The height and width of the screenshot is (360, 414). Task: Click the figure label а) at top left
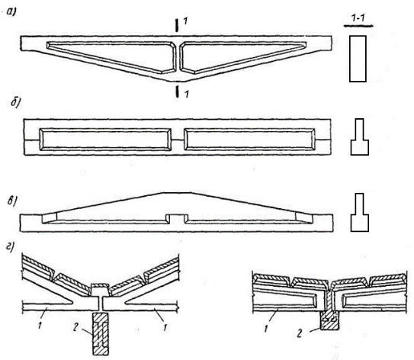(11, 12)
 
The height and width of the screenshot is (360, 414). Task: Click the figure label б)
(16, 103)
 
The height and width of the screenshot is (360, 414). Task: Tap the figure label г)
(10, 247)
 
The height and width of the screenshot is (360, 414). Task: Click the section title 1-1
(358, 18)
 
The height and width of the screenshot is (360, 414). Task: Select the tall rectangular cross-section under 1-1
(358, 59)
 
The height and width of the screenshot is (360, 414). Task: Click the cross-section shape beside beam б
(359, 137)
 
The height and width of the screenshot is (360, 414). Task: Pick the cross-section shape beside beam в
(359, 212)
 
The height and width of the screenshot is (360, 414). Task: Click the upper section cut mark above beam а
(177, 25)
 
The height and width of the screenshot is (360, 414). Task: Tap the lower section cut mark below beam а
(178, 91)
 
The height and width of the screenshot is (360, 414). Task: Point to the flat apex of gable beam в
(176, 193)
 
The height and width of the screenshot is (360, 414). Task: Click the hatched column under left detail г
(101, 333)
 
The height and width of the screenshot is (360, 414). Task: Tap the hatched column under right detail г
(329, 320)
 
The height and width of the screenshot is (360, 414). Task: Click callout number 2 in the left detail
(76, 327)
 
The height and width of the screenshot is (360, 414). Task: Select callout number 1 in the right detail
(266, 329)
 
